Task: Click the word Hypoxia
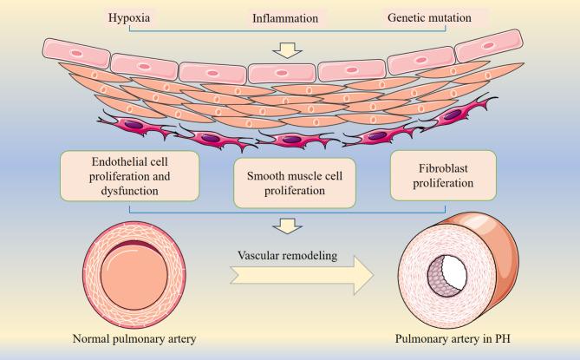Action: click(x=107, y=17)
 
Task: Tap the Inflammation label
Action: click(x=286, y=17)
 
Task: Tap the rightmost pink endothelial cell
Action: click(x=488, y=45)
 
